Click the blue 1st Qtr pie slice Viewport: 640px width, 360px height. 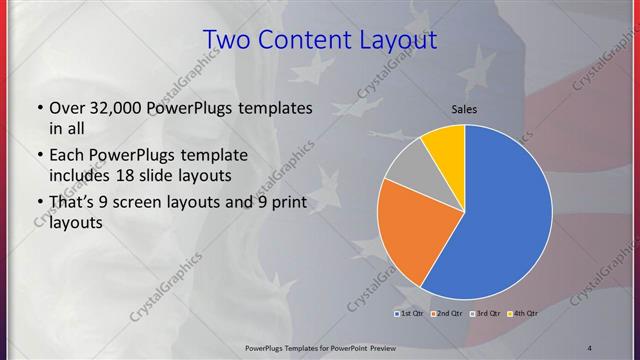point(500,220)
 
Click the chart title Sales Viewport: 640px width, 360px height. point(464,108)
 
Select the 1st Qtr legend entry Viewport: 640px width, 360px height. point(410,314)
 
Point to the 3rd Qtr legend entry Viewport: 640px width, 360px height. point(486,314)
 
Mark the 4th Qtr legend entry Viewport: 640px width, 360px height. point(524,314)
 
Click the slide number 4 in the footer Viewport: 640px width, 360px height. point(589,347)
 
